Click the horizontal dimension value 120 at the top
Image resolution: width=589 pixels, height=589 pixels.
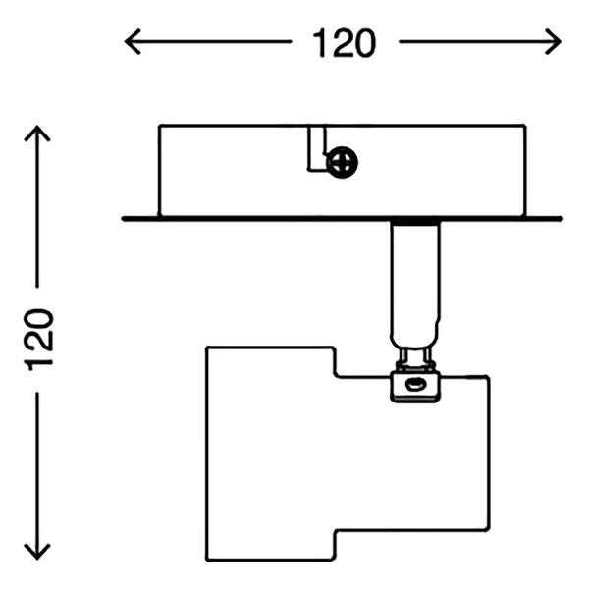(344, 42)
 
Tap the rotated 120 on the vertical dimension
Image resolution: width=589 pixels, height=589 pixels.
(40, 339)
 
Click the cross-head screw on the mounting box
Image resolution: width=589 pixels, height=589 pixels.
(342, 161)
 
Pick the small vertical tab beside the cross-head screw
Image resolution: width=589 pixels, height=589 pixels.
(315, 147)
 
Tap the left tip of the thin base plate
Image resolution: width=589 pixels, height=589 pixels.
(124, 218)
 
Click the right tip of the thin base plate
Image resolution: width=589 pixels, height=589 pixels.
(562, 218)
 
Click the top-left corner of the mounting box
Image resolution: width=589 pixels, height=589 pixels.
(159, 125)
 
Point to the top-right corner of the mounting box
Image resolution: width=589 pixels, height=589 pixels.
(526, 125)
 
